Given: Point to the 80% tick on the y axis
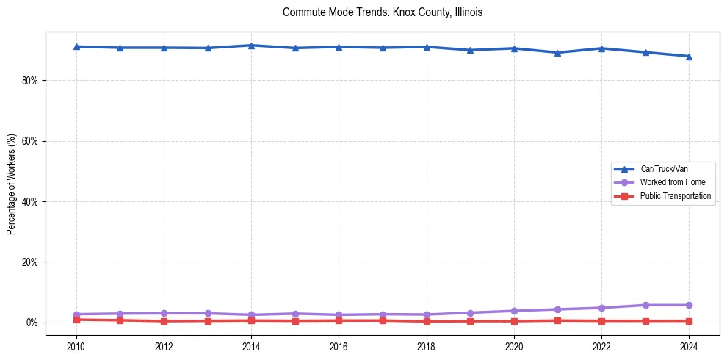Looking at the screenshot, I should pos(29,80).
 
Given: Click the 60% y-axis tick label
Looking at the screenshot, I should pos(29,141).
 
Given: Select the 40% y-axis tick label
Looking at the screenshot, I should pos(29,201).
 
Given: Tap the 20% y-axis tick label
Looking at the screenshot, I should pos(29,262).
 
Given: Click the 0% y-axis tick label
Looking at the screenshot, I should pos(31,323).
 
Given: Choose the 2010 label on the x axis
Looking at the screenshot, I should pos(76,345).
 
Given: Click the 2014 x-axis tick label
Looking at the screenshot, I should pos(251,345).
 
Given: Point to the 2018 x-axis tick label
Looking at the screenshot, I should pos(427,345).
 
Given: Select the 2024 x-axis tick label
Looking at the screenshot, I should pos(689,345).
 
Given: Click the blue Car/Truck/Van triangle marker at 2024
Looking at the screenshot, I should pos(689,57).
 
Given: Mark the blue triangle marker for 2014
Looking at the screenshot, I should pos(251,46).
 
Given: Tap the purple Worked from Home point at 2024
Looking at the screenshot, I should pos(689,305).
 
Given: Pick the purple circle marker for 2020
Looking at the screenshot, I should pos(514,311).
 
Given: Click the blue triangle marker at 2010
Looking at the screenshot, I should pos(76,46).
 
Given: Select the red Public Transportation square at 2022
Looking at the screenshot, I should pos(601,321).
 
